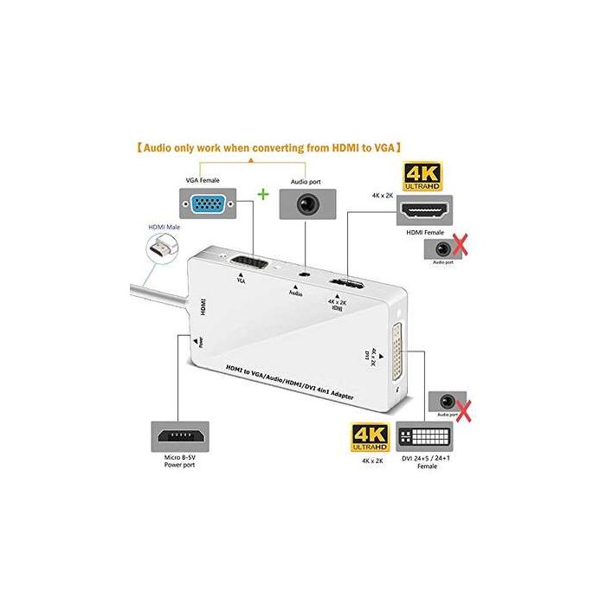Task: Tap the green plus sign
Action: point(261,195)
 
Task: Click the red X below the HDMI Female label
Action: point(458,248)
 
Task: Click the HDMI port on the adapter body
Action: point(349,285)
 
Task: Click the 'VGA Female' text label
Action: point(203,180)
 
